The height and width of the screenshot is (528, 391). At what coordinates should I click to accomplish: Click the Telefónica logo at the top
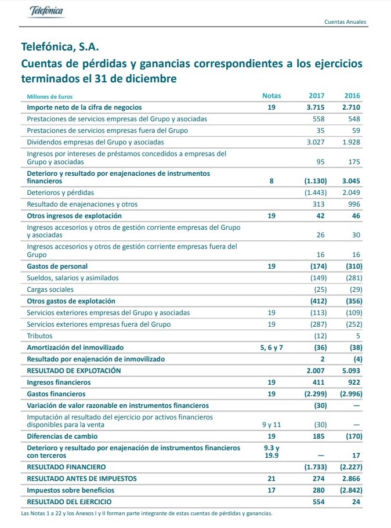(47, 11)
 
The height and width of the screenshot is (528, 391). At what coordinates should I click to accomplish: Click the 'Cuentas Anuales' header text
(345, 22)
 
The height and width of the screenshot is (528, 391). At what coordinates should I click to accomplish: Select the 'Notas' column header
(271, 96)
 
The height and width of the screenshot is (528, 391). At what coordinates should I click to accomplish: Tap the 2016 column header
(352, 96)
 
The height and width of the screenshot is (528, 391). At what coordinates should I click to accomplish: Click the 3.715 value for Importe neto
(317, 107)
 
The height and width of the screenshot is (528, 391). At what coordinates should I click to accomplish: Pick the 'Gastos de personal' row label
(57, 266)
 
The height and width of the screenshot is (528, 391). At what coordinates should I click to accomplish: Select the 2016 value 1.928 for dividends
(351, 142)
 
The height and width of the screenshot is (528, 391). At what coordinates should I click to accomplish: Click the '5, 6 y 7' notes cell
(271, 348)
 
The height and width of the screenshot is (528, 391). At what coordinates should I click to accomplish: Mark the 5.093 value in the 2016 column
(351, 371)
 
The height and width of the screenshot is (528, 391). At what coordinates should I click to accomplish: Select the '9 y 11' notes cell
(271, 425)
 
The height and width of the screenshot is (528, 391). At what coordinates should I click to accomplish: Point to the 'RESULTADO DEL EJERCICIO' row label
(70, 502)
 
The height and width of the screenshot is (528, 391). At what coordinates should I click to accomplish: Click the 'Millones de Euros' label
(50, 96)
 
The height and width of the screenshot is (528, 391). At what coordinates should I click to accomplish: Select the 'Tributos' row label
(39, 336)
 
